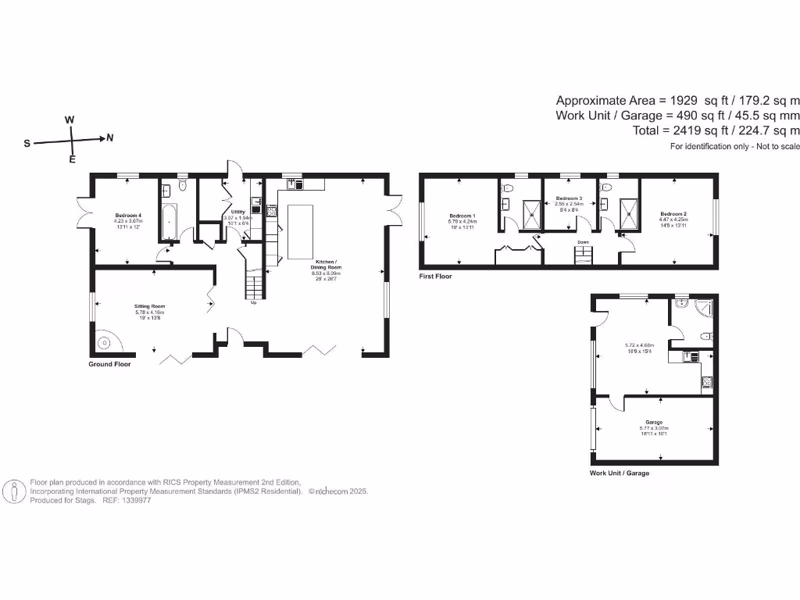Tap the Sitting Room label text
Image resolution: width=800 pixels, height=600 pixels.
click(x=149, y=306)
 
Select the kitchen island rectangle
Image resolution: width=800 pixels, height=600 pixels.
click(x=300, y=232)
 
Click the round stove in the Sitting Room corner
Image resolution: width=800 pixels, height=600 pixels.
click(x=103, y=341)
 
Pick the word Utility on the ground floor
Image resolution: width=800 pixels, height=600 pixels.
click(x=238, y=212)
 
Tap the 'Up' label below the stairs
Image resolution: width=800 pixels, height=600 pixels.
click(x=253, y=303)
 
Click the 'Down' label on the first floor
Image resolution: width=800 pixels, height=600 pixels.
click(x=583, y=243)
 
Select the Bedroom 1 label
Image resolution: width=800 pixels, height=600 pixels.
click(x=462, y=215)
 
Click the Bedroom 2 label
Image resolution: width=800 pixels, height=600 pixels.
click(x=673, y=213)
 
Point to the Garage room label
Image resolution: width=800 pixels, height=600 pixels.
click(x=654, y=422)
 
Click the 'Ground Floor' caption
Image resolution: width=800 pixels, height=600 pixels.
click(x=109, y=365)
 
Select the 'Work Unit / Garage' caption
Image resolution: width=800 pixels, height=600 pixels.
click(x=619, y=473)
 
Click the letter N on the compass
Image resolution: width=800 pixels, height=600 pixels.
click(x=110, y=138)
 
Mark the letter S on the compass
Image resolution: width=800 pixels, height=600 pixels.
click(x=27, y=144)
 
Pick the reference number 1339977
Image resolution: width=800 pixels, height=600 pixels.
click(x=136, y=500)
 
